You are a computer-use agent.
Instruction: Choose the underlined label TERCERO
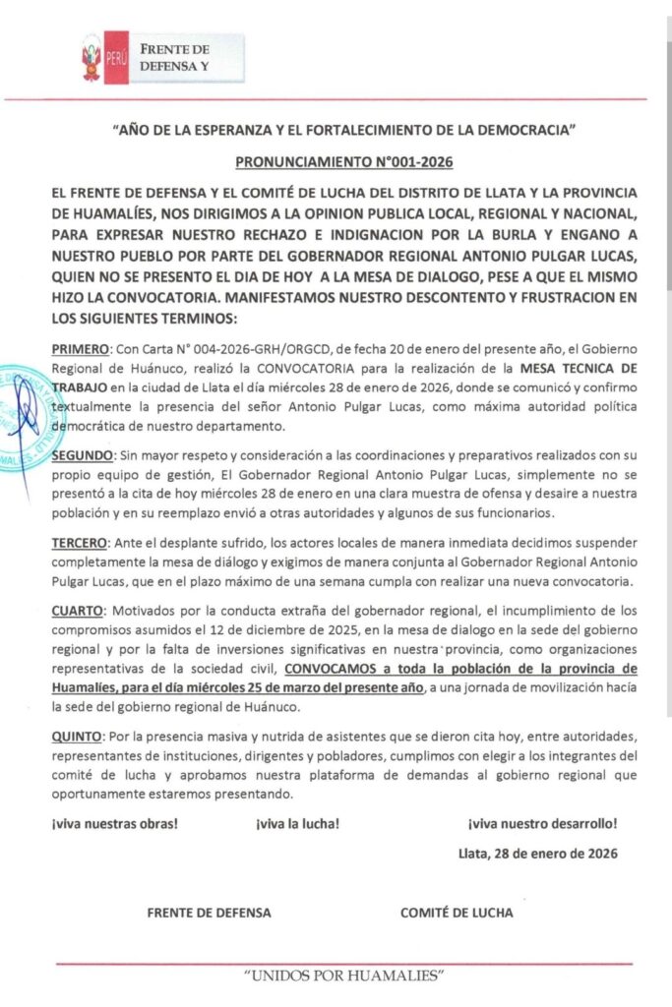82,543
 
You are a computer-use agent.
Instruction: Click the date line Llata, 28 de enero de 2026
538,854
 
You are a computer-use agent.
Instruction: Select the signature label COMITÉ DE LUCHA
457,913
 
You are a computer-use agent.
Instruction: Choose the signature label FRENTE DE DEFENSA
209,913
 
